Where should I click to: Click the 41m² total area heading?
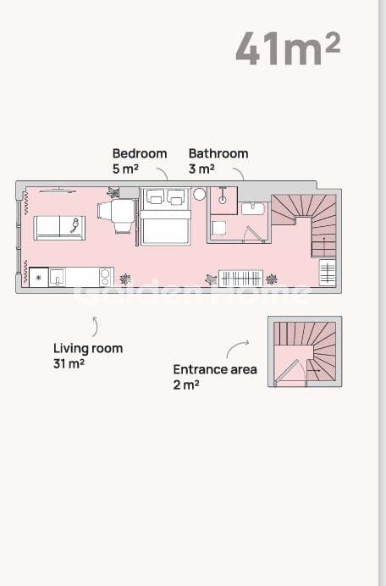pyautogui.click(x=288, y=48)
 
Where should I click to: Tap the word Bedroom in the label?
pyautogui.click(x=140, y=153)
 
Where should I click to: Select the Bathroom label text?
pyautogui.click(x=218, y=153)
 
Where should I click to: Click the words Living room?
pyautogui.click(x=88, y=348)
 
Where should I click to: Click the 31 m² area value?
pyautogui.click(x=69, y=363)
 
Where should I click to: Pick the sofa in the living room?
pyautogui.click(x=59, y=228)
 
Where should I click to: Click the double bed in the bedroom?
pyautogui.click(x=165, y=217)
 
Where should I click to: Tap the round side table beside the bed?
pyautogui.click(x=199, y=194)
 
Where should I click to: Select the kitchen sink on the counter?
pyautogui.click(x=57, y=277)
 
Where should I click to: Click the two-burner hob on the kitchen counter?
pyautogui.click(x=105, y=277)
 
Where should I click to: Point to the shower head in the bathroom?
pyautogui.click(x=223, y=200)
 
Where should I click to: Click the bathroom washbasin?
pyautogui.click(x=253, y=208)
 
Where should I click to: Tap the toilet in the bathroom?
pyautogui.click(x=218, y=228)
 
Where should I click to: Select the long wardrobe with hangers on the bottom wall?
pyautogui.click(x=240, y=279)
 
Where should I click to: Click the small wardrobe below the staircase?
pyautogui.click(x=328, y=272)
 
